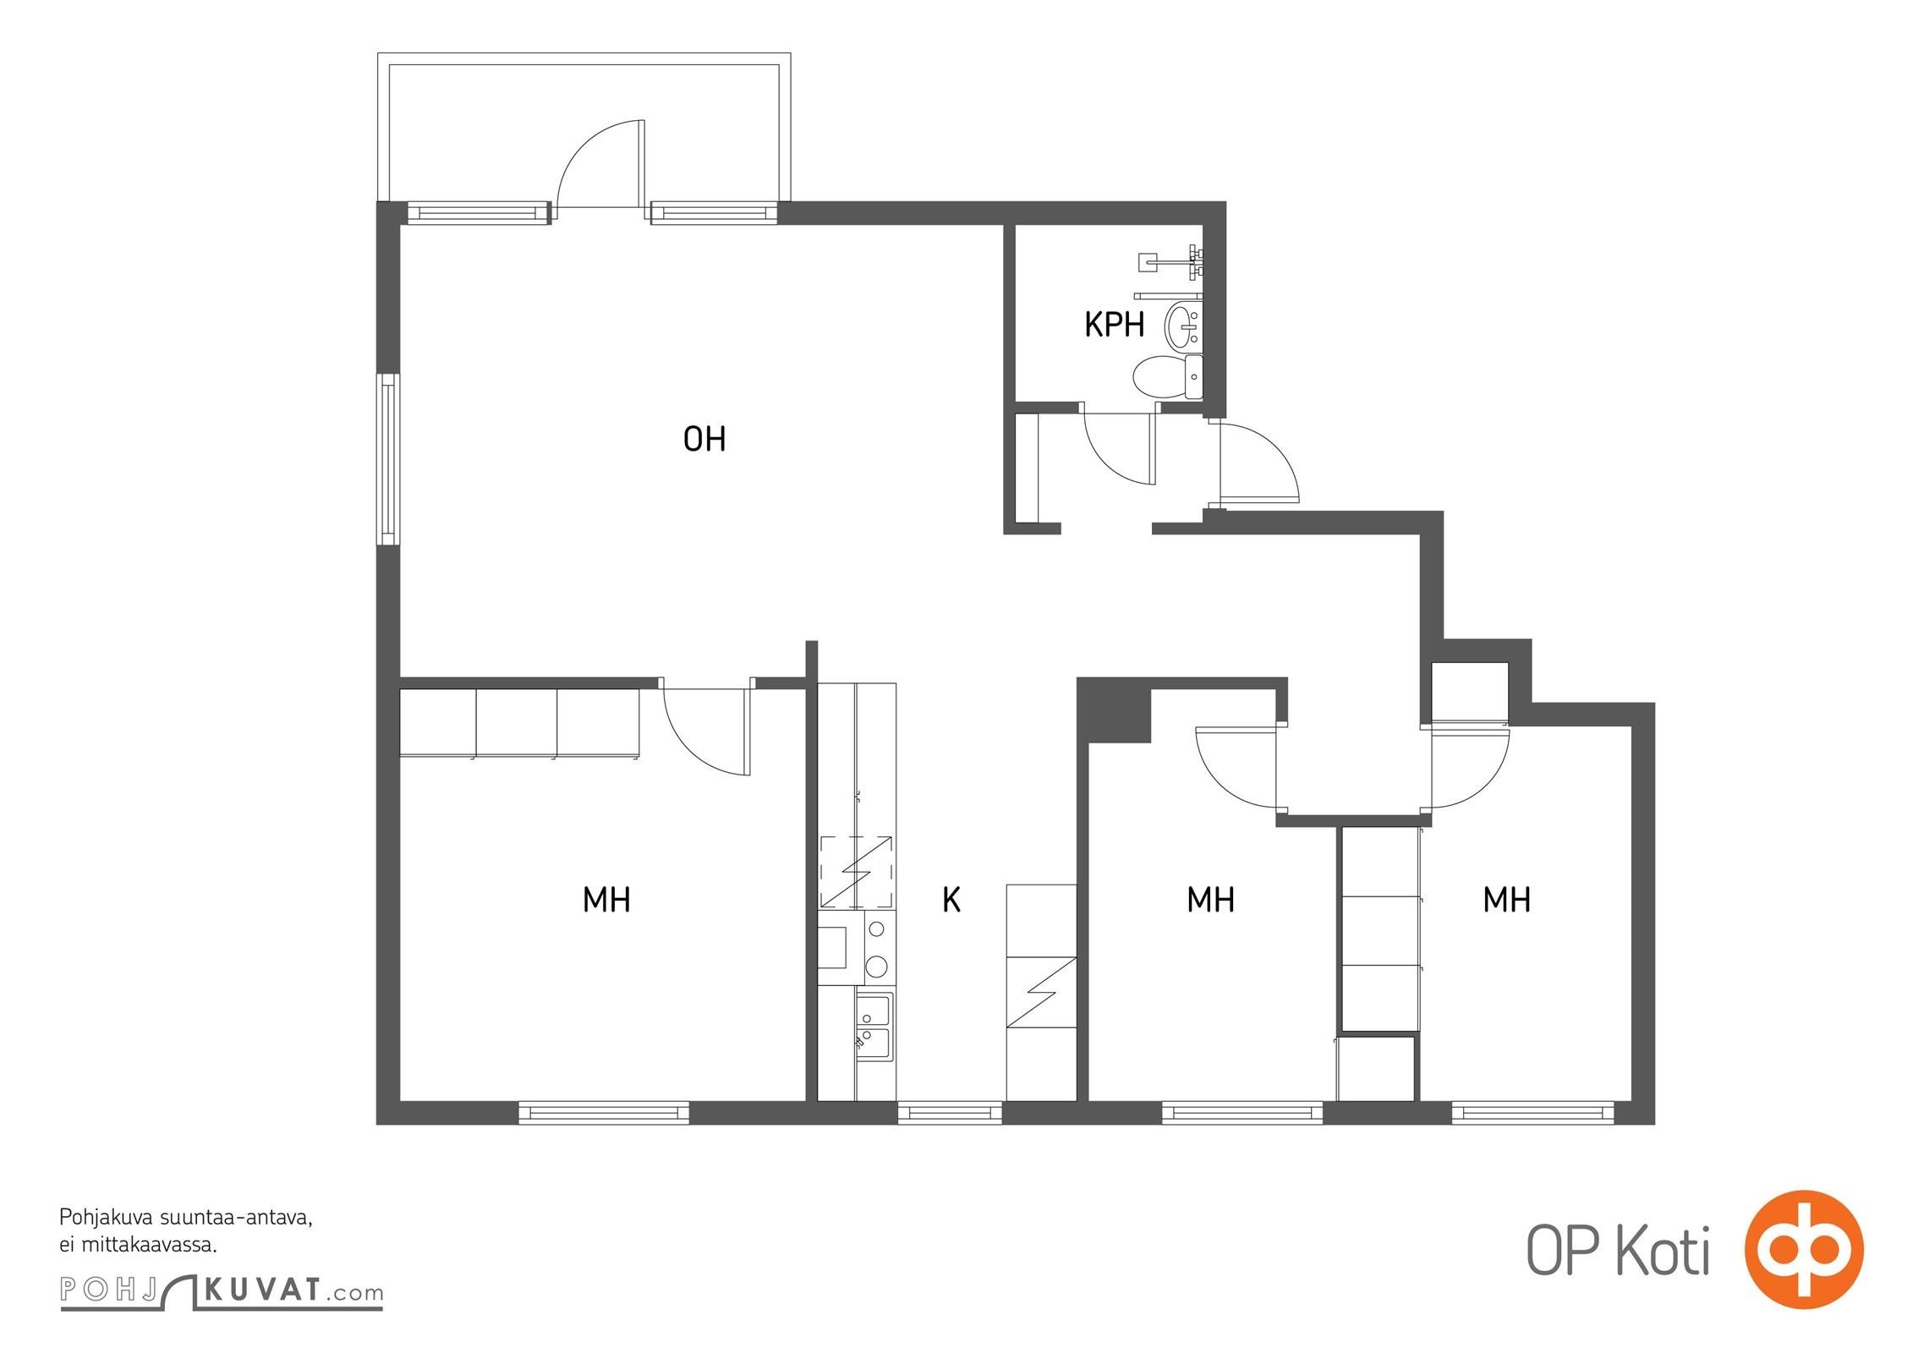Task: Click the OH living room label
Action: [704, 439]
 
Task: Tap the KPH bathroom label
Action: [1115, 325]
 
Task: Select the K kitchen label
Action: [951, 901]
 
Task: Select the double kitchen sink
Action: [874, 1027]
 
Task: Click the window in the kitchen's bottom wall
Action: [950, 1113]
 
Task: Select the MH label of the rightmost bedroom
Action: [1507, 901]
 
